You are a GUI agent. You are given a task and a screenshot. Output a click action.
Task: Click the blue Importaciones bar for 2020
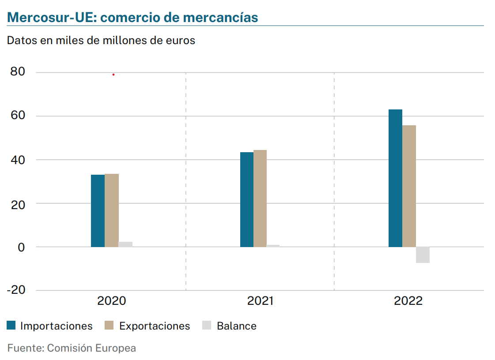[x=98, y=211]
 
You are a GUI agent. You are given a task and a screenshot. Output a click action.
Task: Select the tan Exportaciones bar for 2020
[x=112, y=210]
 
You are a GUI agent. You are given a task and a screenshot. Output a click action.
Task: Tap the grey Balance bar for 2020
[x=125, y=244]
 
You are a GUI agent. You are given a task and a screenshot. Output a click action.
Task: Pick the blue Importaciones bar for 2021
[x=247, y=199]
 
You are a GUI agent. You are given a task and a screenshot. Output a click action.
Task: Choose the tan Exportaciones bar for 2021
[x=260, y=199]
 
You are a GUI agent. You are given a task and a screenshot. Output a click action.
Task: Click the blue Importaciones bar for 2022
[x=395, y=178]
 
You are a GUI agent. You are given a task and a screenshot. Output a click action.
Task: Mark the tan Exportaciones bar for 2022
[x=409, y=186]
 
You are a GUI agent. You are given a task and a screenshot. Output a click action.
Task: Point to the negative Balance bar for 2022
[x=423, y=255]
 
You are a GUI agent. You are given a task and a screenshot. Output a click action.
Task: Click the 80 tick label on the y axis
[x=17, y=72]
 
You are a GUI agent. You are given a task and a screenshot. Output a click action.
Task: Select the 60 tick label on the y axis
[x=17, y=116]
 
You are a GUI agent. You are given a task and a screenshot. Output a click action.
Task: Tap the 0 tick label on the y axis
[x=21, y=247]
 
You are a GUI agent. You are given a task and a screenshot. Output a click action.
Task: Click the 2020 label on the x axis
[x=111, y=301]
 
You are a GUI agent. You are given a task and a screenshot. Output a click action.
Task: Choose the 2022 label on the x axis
[x=408, y=301]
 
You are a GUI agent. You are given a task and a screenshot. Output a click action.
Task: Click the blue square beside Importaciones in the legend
[x=11, y=326]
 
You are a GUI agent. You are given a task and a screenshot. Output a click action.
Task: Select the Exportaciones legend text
[x=155, y=326]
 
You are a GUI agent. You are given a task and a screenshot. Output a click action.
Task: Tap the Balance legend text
[x=236, y=326]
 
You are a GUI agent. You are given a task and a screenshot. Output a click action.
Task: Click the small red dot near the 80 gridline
[x=113, y=75]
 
